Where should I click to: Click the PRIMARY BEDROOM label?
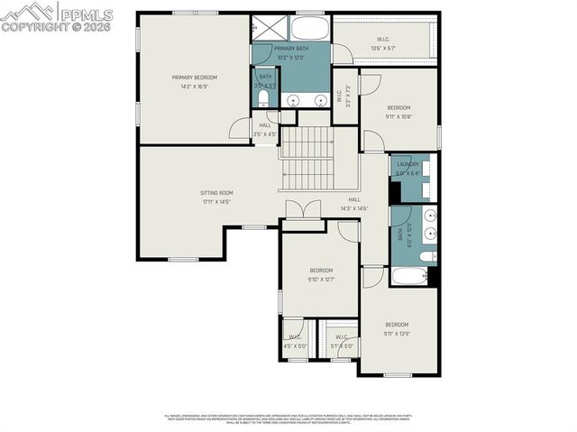pos(195,78)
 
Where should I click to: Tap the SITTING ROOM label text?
pos(216,193)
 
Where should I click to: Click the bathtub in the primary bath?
pos(310,28)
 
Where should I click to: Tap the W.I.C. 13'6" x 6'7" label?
pos(382,39)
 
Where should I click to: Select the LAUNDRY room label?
pos(407,164)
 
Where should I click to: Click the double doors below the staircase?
pos(304,210)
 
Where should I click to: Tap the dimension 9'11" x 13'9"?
pos(398,334)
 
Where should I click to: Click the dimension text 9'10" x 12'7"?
pos(321,280)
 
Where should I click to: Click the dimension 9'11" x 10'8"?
pos(398,116)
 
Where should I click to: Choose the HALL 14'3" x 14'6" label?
pos(353,204)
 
